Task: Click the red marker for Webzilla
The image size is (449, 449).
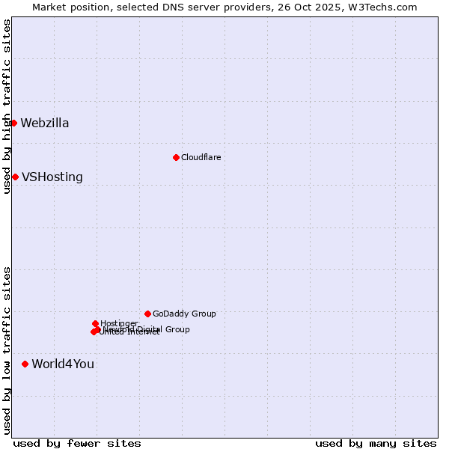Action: tap(13, 123)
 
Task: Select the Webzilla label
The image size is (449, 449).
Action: tap(45, 123)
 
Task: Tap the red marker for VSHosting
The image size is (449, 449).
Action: tap(15, 177)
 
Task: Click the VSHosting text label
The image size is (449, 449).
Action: tap(52, 177)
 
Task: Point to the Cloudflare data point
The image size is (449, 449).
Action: tap(176, 157)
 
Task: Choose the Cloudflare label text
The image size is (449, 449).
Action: tap(201, 157)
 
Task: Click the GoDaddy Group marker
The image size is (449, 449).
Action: tap(147, 314)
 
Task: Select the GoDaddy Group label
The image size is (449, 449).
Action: tap(184, 314)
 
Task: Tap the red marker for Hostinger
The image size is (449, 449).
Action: tap(95, 323)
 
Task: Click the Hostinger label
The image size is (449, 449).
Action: tap(119, 323)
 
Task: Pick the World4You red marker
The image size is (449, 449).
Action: tap(25, 364)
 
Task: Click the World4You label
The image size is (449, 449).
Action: tap(63, 364)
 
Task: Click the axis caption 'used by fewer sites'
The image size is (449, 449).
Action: tap(77, 444)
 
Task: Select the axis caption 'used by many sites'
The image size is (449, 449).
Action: tap(376, 444)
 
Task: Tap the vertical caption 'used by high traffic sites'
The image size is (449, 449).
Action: tap(7, 106)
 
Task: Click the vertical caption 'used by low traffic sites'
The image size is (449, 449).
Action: tap(7, 349)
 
